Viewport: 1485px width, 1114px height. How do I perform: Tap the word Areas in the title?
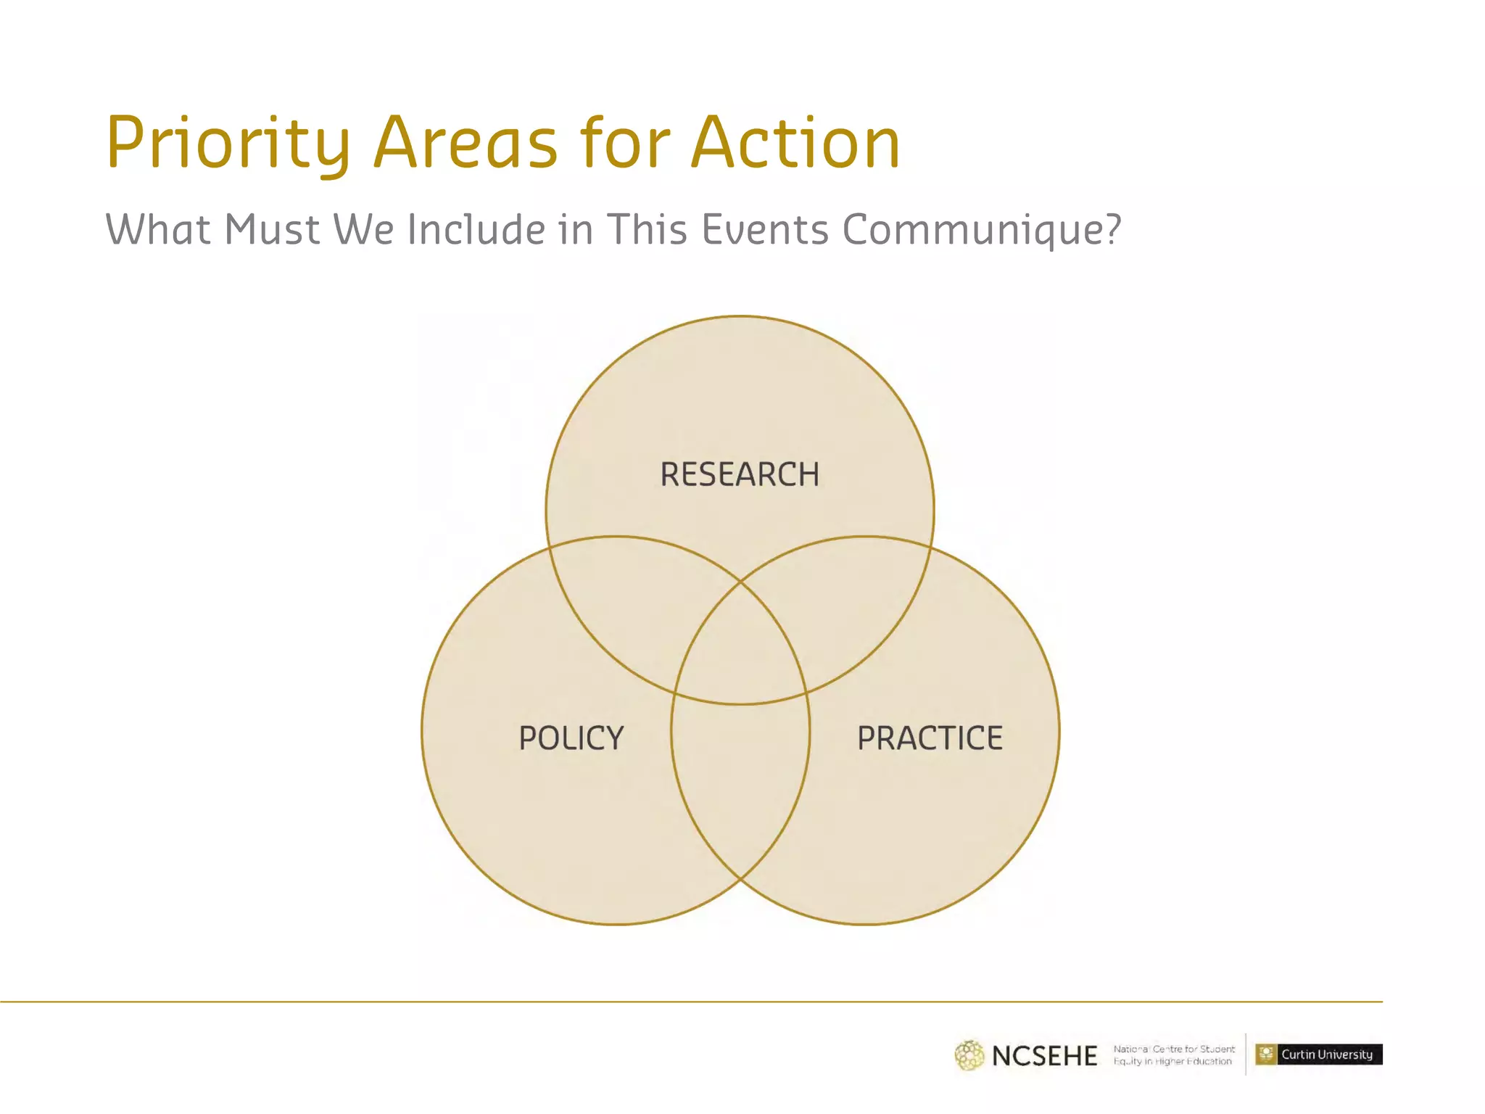pyautogui.click(x=466, y=144)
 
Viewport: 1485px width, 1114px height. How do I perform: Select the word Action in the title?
pyautogui.click(x=795, y=144)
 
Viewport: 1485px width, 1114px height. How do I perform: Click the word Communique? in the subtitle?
pyautogui.click(x=982, y=231)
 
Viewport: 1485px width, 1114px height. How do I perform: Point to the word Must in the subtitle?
pyautogui.click(x=272, y=230)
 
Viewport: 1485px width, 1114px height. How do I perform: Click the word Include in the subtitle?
pyautogui.click(x=476, y=230)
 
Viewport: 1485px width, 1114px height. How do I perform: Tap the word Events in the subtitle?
pyautogui.click(x=765, y=230)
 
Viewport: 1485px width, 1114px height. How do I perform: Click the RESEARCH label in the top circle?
pyautogui.click(x=740, y=475)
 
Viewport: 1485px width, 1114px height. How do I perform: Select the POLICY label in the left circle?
pyautogui.click(x=571, y=738)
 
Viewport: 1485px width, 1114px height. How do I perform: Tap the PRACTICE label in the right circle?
pyautogui.click(x=930, y=738)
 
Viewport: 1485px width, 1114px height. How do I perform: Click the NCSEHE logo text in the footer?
pyautogui.click(x=1044, y=1056)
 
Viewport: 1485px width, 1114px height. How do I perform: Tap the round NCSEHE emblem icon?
pyautogui.click(x=969, y=1055)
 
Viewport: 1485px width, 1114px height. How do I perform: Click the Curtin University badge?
pyautogui.click(x=1319, y=1055)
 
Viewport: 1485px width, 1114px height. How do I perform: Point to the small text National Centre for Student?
pyautogui.click(x=1174, y=1049)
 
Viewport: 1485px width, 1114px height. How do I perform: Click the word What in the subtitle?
pyautogui.click(x=158, y=230)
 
